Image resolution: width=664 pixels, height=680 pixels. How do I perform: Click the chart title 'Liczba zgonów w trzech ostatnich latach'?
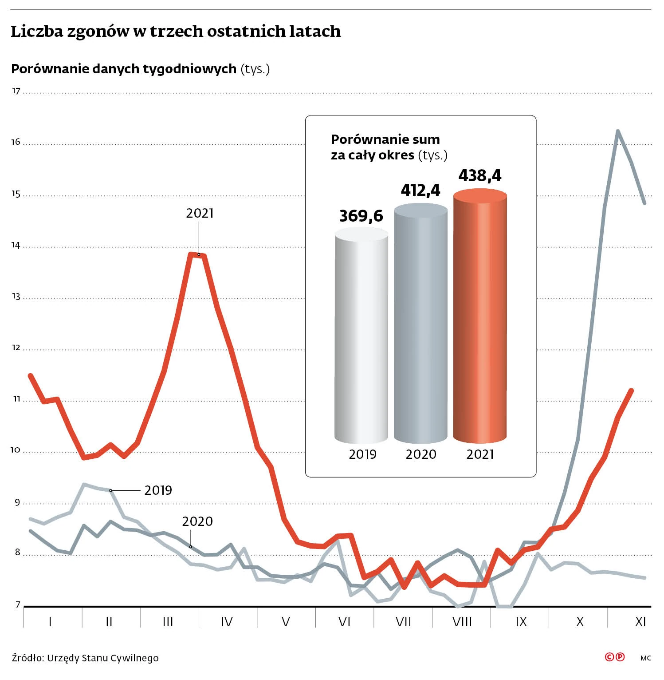click(x=176, y=32)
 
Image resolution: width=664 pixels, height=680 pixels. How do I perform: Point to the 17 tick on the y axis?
click(x=16, y=91)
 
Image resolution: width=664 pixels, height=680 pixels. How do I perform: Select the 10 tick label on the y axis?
click(x=16, y=450)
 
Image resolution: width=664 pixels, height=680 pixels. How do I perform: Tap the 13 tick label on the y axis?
click(x=16, y=296)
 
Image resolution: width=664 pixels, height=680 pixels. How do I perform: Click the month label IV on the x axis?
click(x=227, y=621)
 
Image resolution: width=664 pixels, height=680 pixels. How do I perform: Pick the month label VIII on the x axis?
click(x=462, y=621)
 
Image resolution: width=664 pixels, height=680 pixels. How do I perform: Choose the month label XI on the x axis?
click(x=640, y=621)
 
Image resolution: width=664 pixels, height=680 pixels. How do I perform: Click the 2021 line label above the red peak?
click(x=200, y=213)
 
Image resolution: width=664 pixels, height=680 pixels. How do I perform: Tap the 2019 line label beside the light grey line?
click(x=158, y=490)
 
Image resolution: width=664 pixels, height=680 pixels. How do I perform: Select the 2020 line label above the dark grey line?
click(x=197, y=521)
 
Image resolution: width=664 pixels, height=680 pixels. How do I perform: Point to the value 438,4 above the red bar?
click(x=480, y=175)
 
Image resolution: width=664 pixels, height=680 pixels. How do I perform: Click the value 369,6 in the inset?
click(x=361, y=216)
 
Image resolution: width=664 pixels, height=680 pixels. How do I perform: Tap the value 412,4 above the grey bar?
click(x=420, y=190)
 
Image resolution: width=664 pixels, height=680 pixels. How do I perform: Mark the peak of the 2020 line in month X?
click(x=617, y=131)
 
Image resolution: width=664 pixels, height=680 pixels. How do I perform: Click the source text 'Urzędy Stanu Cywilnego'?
click(x=103, y=658)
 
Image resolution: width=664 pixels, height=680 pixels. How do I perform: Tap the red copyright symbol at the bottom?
click(x=610, y=657)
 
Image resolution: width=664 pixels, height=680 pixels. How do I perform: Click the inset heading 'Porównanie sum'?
click(x=385, y=139)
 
